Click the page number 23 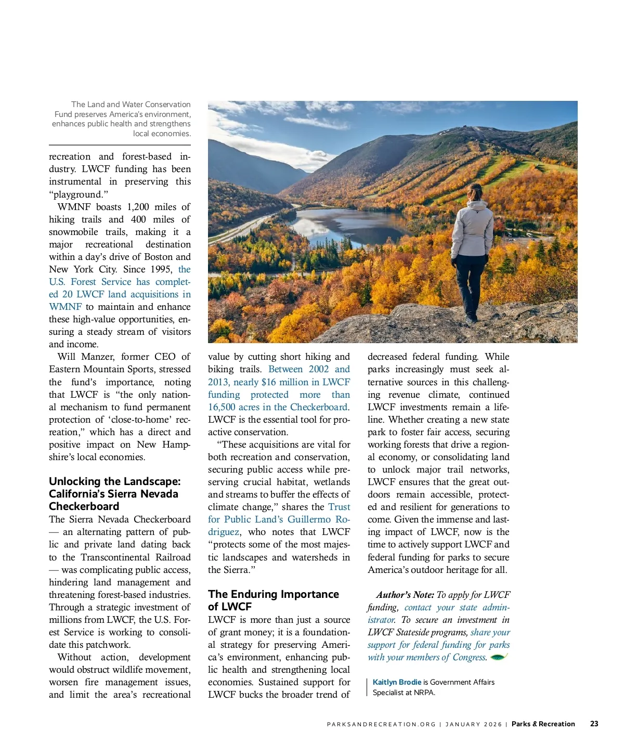[594, 724]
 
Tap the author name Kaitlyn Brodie [397, 682]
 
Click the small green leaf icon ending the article [498, 657]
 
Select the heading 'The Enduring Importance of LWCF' [273, 600]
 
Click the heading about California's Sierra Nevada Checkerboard [114, 493]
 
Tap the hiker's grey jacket [472, 229]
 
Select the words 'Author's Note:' [405, 595]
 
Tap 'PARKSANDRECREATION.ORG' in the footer [381, 724]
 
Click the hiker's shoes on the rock [471, 318]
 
